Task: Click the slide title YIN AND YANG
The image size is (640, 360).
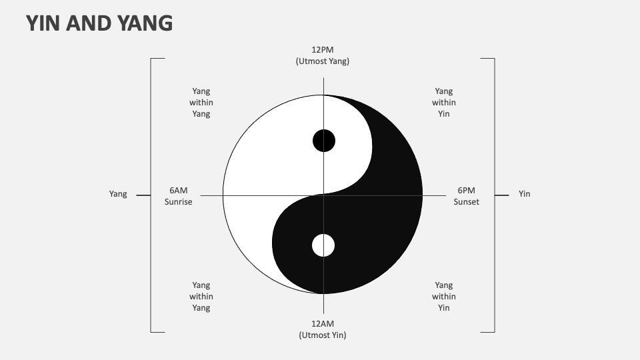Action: point(99,23)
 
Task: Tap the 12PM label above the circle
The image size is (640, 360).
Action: point(323,49)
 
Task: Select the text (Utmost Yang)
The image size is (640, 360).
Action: point(323,61)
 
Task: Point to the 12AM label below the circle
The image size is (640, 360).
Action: point(323,323)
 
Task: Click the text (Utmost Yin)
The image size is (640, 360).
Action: point(323,335)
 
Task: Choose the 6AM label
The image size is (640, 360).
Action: point(178,190)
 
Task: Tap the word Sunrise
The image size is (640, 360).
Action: point(178,201)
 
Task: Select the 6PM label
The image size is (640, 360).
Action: point(466,190)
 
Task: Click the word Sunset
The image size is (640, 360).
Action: point(466,201)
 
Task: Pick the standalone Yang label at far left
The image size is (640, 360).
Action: point(118,194)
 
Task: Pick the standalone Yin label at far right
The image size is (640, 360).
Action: point(525,194)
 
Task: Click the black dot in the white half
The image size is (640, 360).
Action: point(324,141)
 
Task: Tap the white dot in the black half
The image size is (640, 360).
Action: point(323,245)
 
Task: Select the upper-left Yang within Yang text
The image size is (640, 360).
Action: point(201,103)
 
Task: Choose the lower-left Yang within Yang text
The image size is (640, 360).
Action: point(201,296)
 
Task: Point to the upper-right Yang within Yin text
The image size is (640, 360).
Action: point(444,103)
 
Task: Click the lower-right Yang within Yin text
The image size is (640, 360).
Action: point(444,296)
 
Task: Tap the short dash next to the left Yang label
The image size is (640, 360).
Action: point(143,195)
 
